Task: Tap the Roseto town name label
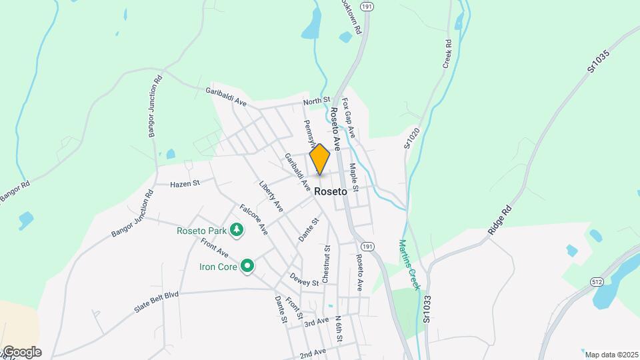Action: click(x=331, y=191)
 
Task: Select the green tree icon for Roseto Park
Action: click(x=237, y=231)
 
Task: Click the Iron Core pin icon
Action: click(x=248, y=267)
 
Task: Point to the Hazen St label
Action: click(x=185, y=183)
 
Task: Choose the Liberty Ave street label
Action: click(x=271, y=193)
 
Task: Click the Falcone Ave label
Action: click(x=253, y=219)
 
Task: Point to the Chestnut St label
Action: click(x=327, y=264)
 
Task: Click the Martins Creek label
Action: click(x=408, y=265)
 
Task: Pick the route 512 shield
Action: click(x=597, y=283)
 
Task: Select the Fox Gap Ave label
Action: click(x=349, y=119)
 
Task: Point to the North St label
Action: click(x=317, y=101)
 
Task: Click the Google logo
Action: click(x=22, y=352)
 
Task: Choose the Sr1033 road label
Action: click(x=427, y=311)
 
